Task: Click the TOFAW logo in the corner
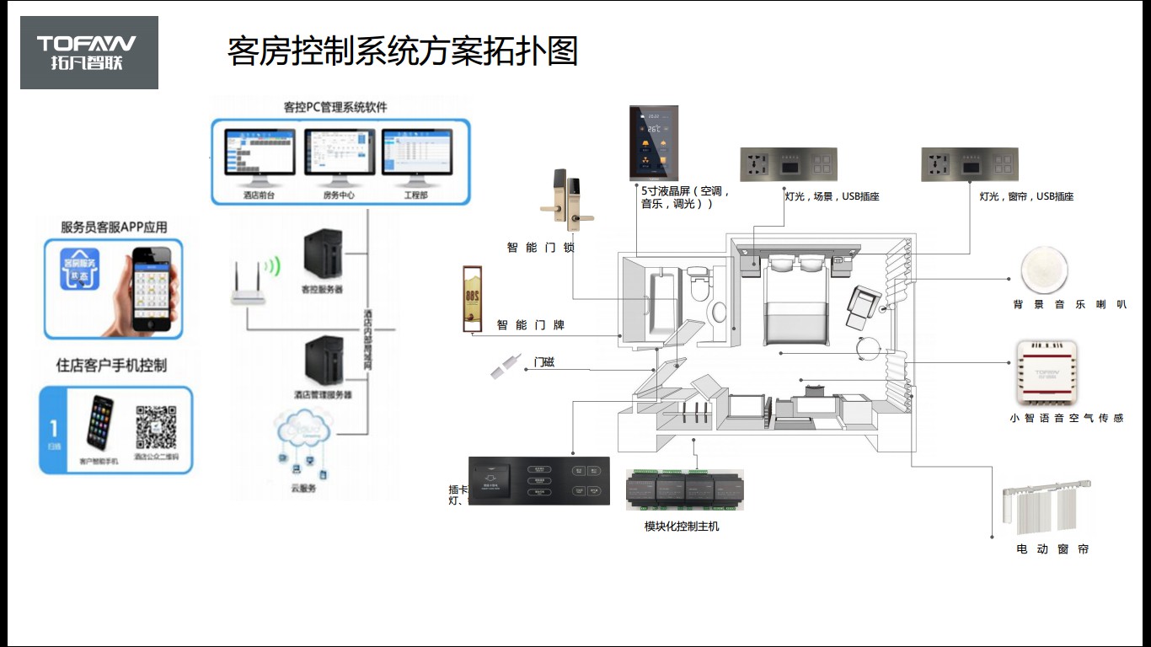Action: point(89,52)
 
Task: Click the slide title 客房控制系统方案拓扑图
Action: point(403,51)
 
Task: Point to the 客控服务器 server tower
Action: point(323,255)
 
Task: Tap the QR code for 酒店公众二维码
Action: point(157,428)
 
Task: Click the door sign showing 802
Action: point(472,299)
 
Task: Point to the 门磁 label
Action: point(544,363)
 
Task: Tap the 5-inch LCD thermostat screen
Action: point(654,142)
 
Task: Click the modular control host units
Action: point(684,489)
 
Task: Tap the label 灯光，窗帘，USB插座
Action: point(1026,197)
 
